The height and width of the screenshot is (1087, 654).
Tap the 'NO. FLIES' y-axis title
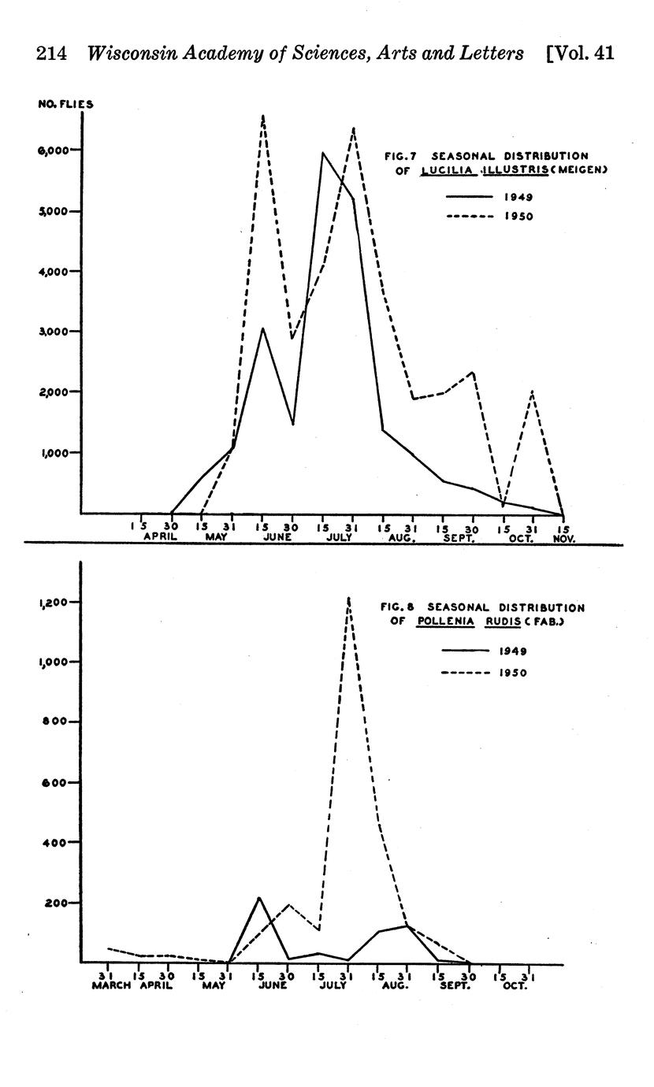point(66,104)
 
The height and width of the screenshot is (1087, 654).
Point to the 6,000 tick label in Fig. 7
point(59,150)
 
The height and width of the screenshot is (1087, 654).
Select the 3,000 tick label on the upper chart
point(59,332)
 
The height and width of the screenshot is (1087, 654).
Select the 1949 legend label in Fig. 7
point(518,198)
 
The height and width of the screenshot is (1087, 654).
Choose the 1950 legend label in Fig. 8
point(513,673)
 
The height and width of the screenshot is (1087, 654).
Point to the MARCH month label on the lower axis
point(110,985)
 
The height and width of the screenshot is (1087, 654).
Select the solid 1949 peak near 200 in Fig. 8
point(258,898)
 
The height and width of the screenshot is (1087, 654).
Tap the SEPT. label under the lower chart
point(455,985)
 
